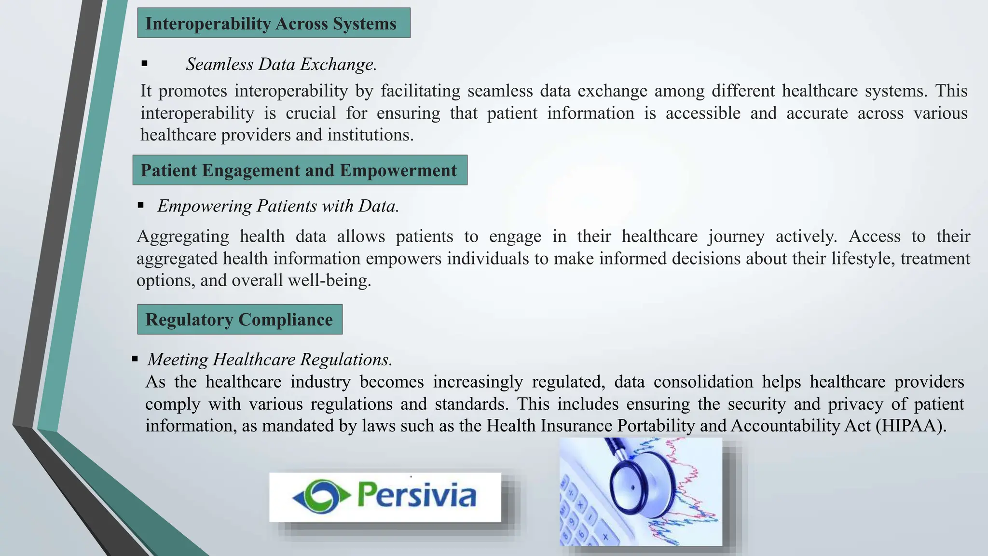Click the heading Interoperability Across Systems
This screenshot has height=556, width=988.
pos(271,24)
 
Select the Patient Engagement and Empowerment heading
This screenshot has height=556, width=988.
pos(299,170)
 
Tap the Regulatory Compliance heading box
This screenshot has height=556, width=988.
pos(239,320)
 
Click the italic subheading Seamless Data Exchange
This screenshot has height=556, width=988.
pos(281,64)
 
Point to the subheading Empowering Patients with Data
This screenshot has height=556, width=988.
pos(278,206)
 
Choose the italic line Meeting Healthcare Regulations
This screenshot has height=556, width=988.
pos(270,360)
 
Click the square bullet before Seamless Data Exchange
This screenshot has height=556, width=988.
pos(144,64)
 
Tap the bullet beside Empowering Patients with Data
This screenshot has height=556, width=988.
pos(141,206)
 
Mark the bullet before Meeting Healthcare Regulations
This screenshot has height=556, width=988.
pos(135,359)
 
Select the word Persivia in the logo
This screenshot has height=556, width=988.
pos(416,496)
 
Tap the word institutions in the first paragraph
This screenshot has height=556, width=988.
pos(370,135)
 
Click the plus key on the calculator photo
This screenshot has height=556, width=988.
pos(605,536)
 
